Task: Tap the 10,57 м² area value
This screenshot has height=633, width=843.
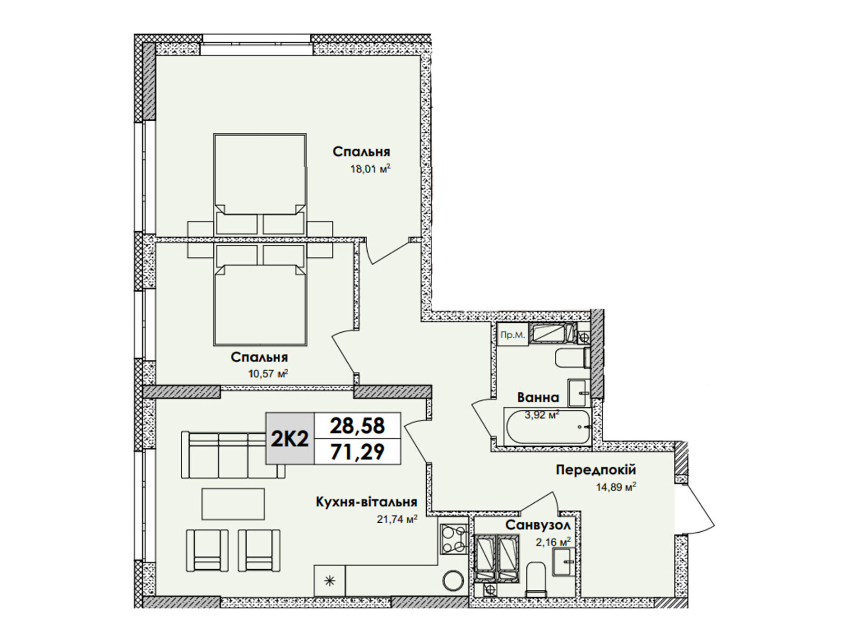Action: coord(268,373)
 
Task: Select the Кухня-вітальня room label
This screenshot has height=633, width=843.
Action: coord(366,502)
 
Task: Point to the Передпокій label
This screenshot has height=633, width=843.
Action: coord(596,469)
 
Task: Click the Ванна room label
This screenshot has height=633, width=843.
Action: coord(538,397)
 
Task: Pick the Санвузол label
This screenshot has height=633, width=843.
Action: coord(538,525)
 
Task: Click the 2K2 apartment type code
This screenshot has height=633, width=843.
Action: coord(290,438)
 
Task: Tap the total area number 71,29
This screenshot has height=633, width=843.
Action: coord(358,452)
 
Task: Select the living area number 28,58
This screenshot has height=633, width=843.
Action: coord(358,426)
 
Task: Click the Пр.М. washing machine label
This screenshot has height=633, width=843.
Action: coord(512,335)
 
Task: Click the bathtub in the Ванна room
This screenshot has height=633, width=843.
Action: coord(547,427)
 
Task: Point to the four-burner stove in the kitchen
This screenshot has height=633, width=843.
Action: coord(454,539)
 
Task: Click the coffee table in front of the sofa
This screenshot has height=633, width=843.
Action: coord(233,504)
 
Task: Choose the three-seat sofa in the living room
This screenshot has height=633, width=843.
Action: coord(233,455)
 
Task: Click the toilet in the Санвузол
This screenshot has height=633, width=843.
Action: coord(535,580)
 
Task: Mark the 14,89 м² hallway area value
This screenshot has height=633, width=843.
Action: coord(616,487)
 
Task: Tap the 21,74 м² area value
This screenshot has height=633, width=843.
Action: coord(397,520)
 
